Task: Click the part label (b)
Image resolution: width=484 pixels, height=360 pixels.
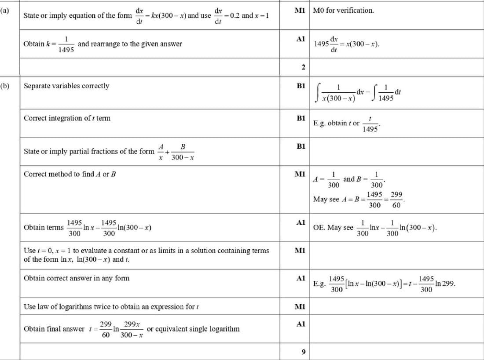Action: pos(5,86)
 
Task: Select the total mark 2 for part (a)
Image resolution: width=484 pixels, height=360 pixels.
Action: pos(303,67)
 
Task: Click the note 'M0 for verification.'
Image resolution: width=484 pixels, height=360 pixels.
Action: pos(343,10)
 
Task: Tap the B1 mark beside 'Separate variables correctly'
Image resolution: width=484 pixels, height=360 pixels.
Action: pos(301,86)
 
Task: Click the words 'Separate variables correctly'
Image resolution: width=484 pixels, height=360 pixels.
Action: pos(66,86)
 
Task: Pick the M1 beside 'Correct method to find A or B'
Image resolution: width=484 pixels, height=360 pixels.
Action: pos(301,174)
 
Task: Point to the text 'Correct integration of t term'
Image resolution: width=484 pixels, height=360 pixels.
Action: pos(67,118)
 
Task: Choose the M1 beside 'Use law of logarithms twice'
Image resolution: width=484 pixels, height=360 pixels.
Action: pos(301,306)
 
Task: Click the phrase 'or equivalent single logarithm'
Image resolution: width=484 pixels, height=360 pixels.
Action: pos(193,329)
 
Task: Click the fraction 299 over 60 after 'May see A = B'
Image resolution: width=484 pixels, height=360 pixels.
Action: pos(396,200)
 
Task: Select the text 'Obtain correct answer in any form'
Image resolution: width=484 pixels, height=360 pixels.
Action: pos(77,278)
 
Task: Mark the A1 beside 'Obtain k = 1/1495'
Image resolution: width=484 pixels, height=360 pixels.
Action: pos(301,39)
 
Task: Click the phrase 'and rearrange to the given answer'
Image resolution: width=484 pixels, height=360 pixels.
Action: pos(129,44)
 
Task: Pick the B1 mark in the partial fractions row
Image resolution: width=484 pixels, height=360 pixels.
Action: pos(301,145)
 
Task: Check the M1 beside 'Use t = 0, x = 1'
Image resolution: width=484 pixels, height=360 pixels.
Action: pos(301,251)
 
